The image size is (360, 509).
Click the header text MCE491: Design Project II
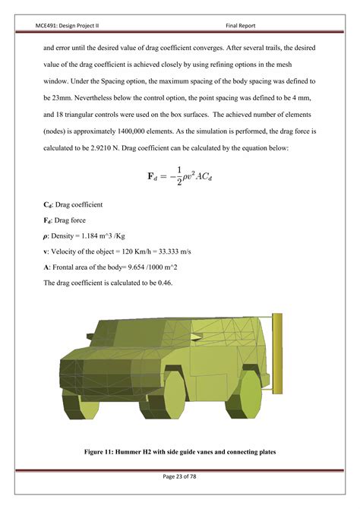click(73, 24)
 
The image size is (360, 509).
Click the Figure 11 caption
click(179, 453)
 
